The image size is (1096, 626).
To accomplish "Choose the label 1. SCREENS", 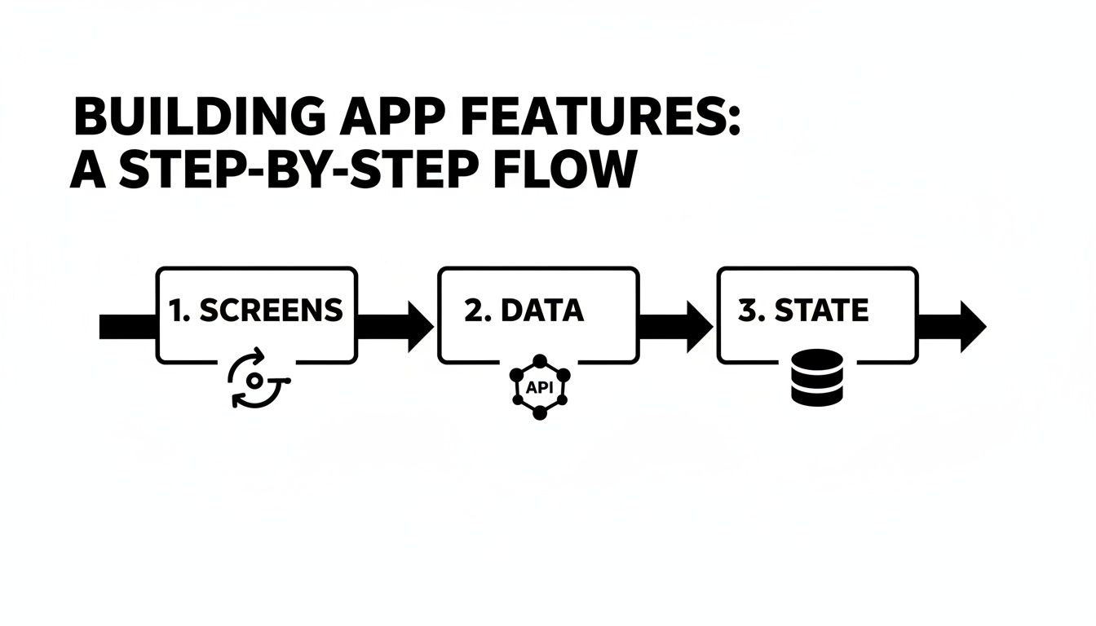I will point(255,310).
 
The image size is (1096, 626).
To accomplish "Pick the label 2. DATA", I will point(524,310).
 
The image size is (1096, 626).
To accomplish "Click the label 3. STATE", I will point(803,310).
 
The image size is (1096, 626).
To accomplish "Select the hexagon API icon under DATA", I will point(539,387).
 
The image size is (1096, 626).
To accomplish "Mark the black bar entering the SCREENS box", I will point(127,326).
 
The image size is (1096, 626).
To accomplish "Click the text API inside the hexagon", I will point(539,388).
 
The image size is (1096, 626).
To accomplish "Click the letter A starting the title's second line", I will point(86,171).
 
